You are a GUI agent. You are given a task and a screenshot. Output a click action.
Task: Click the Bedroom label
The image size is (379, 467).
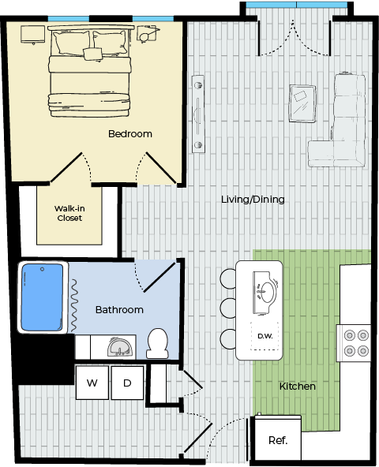point(130,134)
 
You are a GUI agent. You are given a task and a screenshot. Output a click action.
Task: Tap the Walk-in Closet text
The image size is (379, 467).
point(69,213)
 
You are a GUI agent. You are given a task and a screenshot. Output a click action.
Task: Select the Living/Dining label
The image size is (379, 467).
point(253,200)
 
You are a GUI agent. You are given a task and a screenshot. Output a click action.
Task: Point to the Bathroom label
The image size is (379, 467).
point(119,310)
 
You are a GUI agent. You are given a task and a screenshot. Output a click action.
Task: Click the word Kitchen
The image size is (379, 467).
point(298,387)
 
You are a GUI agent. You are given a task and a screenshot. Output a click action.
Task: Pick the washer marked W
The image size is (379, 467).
point(92,383)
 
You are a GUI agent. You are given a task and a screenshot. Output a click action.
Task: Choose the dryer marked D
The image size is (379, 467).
point(127,383)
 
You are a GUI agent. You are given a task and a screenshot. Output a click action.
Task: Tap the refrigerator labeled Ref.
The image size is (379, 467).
point(278,437)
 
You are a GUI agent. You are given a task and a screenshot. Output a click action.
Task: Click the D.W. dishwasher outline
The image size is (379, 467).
point(265,336)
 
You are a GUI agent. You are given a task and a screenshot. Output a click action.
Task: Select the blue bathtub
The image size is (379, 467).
point(43,297)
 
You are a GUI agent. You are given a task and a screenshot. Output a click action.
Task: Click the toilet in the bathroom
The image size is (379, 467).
point(157,343)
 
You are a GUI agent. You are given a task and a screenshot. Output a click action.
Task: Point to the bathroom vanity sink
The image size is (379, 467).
point(119,346)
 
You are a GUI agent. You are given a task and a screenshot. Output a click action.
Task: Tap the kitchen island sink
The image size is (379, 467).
point(265,293)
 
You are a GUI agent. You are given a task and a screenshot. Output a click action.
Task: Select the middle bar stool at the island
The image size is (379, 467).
point(228,308)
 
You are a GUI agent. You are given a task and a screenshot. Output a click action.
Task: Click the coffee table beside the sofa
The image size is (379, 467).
point(302,103)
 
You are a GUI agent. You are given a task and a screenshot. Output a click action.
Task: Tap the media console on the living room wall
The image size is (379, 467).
point(198,114)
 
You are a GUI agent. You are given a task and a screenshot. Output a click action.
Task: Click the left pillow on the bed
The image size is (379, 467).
point(72,43)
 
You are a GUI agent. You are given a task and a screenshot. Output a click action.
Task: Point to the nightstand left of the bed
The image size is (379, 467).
point(33,35)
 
